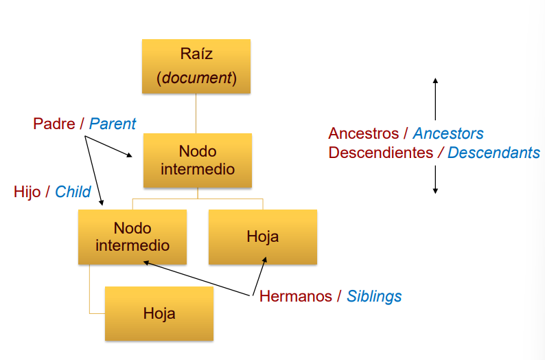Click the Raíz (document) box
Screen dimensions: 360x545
point(196,66)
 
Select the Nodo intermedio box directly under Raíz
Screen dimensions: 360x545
point(198,160)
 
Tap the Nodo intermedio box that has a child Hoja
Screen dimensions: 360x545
point(132,237)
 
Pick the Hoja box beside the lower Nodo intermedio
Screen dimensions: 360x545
point(262,237)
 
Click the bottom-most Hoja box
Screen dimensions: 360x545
point(159,314)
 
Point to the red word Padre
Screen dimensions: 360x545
point(54,124)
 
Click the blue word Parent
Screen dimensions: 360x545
point(113,124)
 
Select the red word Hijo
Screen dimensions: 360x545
point(27,192)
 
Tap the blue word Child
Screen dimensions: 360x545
point(73,192)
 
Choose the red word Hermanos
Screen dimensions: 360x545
point(295,297)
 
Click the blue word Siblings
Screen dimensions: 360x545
point(374,297)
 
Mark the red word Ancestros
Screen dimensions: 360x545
point(362,133)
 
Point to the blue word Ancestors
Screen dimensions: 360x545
point(448,133)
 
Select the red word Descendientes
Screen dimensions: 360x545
point(380,153)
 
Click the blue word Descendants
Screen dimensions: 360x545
point(494,153)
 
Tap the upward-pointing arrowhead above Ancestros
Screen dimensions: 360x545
point(435,80)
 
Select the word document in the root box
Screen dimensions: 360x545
point(196,78)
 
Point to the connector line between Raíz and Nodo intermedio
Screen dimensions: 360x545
point(197,113)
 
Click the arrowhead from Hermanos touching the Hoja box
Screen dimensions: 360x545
point(265,260)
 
